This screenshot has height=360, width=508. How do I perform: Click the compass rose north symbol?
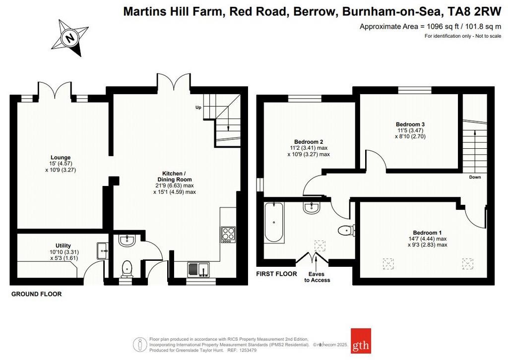(70, 38)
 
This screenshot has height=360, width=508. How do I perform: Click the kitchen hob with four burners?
(228, 235)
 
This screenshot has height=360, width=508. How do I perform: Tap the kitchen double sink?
(198, 270)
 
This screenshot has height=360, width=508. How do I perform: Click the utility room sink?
(103, 251)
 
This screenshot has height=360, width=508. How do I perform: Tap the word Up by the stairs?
(198, 107)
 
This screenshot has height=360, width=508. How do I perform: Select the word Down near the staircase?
(475, 177)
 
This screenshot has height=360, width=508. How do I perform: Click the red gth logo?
(361, 341)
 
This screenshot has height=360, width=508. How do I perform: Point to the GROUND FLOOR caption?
(36, 294)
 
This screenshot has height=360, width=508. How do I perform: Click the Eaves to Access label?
(317, 277)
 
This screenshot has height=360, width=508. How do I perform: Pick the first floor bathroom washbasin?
(312, 207)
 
